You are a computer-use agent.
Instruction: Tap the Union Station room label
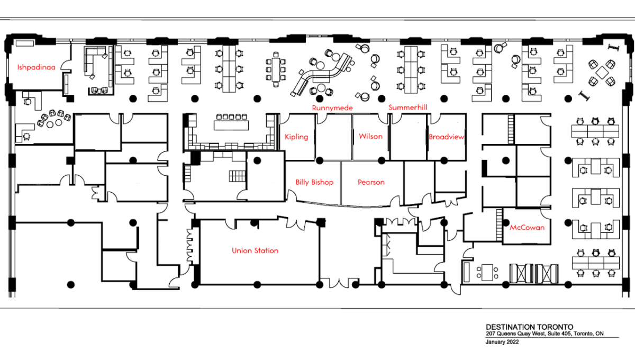tap(255, 250)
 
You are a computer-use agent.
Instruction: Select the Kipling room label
tap(296, 137)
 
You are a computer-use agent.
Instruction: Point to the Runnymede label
tap(332, 107)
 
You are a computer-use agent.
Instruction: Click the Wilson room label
tap(370, 136)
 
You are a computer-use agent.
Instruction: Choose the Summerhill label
tap(407, 107)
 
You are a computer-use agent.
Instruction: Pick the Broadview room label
tap(447, 137)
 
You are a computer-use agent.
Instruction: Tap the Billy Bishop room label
tap(314, 182)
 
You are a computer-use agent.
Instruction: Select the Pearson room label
tap(371, 182)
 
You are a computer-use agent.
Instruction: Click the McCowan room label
tap(527, 228)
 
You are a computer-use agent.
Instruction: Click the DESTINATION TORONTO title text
tap(522, 327)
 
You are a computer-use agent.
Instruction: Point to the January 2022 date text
tap(502, 342)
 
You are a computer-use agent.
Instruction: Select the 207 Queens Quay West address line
tap(545, 334)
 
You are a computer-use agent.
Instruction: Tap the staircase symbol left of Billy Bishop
tap(233, 176)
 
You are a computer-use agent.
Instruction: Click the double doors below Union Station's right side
tap(339, 283)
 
